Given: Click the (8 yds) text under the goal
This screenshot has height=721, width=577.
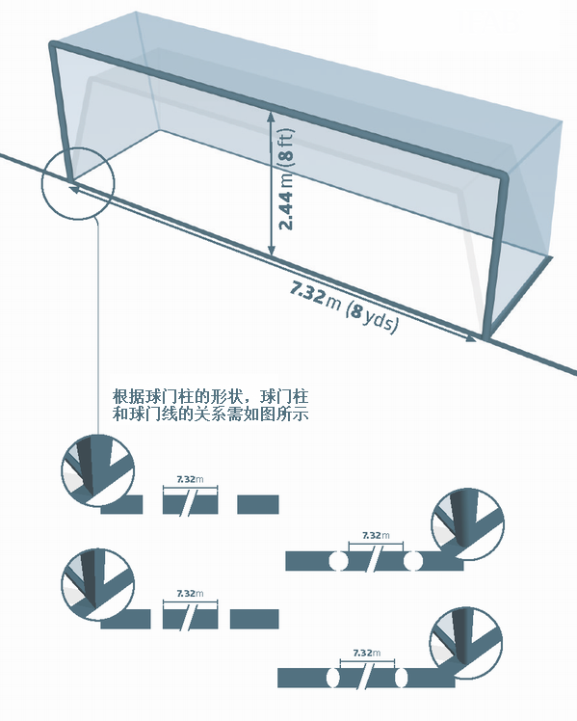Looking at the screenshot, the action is click(372, 316).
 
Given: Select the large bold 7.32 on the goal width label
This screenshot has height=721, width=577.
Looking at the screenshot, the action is click(308, 293).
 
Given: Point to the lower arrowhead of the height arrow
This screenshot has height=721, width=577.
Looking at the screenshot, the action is click(271, 251).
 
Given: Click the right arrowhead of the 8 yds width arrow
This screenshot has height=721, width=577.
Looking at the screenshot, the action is click(471, 338).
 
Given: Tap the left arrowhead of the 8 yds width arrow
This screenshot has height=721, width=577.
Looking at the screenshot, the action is click(74, 187).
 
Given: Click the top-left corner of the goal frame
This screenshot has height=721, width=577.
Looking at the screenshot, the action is click(52, 44).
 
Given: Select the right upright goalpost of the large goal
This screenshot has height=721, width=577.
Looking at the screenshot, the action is click(495, 256).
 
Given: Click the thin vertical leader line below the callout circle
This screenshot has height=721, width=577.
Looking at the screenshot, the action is click(98, 328).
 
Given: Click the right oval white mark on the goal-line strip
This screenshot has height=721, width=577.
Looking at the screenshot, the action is click(401, 678).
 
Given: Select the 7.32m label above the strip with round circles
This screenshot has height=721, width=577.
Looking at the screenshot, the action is click(376, 535).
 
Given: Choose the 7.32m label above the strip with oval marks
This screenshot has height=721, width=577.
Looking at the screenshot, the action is click(367, 653).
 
